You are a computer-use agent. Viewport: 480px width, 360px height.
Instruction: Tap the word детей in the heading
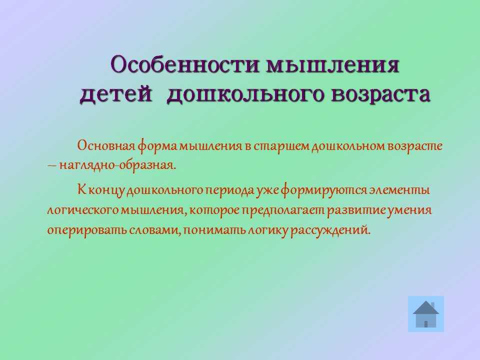coord(116,93)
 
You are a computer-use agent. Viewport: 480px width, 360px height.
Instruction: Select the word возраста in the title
coord(381,93)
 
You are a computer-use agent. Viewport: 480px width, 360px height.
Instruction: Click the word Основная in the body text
coord(106,145)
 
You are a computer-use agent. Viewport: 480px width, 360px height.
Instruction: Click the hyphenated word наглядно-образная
coord(118,165)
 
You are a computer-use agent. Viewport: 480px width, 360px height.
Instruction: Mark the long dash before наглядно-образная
coord(51,166)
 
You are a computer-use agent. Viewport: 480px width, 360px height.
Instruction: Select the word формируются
coord(324,190)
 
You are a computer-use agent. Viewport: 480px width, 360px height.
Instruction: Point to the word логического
coord(83,210)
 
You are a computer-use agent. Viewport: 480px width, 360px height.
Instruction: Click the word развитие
coord(356,210)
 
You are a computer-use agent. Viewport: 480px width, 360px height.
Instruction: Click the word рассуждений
coord(330,230)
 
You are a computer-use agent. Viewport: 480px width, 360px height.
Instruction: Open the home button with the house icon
coord(426,314)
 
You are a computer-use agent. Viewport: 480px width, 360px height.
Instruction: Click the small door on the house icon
coord(426,324)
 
